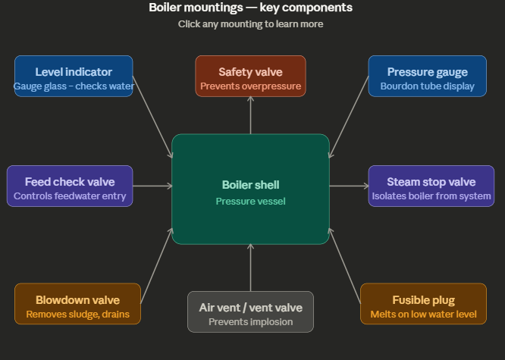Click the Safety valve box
[x=250, y=76]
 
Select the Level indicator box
[x=74, y=76]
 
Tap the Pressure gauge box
[x=427, y=76]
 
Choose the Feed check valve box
[x=70, y=186]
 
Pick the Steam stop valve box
[x=431, y=186]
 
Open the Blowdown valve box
[x=77, y=303]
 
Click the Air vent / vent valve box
[x=250, y=311]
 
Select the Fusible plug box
[x=423, y=303]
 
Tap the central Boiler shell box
[x=250, y=189]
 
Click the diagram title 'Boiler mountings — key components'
[x=250, y=8]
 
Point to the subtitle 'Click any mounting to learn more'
[x=250, y=24]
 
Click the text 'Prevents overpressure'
[x=250, y=86]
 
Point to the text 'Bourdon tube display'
[x=427, y=86]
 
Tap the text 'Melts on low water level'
[x=423, y=314]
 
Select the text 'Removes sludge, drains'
[x=77, y=314]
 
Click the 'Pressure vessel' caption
[x=250, y=202]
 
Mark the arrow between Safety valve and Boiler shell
[x=250, y=115]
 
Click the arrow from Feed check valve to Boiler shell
[x=152, y=186]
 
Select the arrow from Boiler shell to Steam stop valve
[x=349, y=186]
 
